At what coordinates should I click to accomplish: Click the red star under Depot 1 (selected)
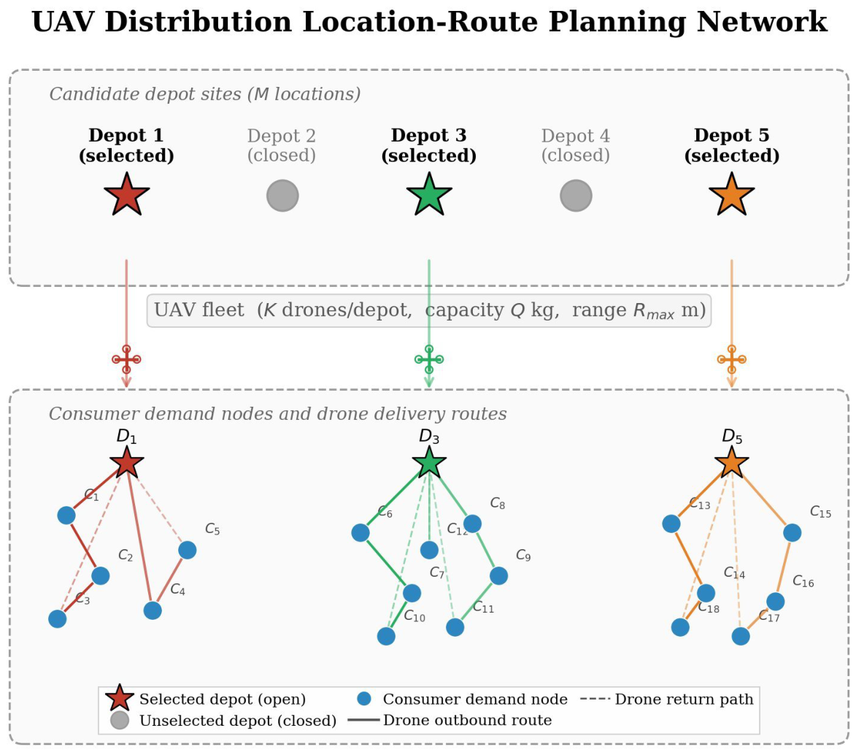(x=127, y=195)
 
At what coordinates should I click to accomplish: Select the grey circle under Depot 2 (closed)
(x=283, y=196)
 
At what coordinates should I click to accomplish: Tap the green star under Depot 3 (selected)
(x=429, y=195)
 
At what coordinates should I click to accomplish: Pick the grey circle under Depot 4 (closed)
(x=576, y=196)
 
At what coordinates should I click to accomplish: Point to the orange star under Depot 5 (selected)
(x=731, y=195)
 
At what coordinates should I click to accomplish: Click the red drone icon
(x=127, y=359)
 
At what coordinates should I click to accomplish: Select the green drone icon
(x=429, y=359)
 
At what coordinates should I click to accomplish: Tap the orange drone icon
(x=731, y=359)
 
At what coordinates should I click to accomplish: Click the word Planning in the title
(x=617, y=23)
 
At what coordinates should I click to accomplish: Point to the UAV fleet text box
(x=429, y=310)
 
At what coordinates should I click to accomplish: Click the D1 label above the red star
(x=127, y=436)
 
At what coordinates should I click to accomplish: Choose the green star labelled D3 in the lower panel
(x=429, y=462)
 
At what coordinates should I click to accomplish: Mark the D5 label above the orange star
(x=732, y=436)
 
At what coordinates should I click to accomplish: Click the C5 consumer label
(x=212, y=529)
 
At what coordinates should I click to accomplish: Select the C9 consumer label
(x=523, y=556)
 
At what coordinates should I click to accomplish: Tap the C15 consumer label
(x=820, y=512)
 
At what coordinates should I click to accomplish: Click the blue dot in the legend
(x=364, y=699)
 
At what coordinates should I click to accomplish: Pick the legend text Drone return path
(x=684, y=700)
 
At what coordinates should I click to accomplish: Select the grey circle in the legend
(x=120, y=720)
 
